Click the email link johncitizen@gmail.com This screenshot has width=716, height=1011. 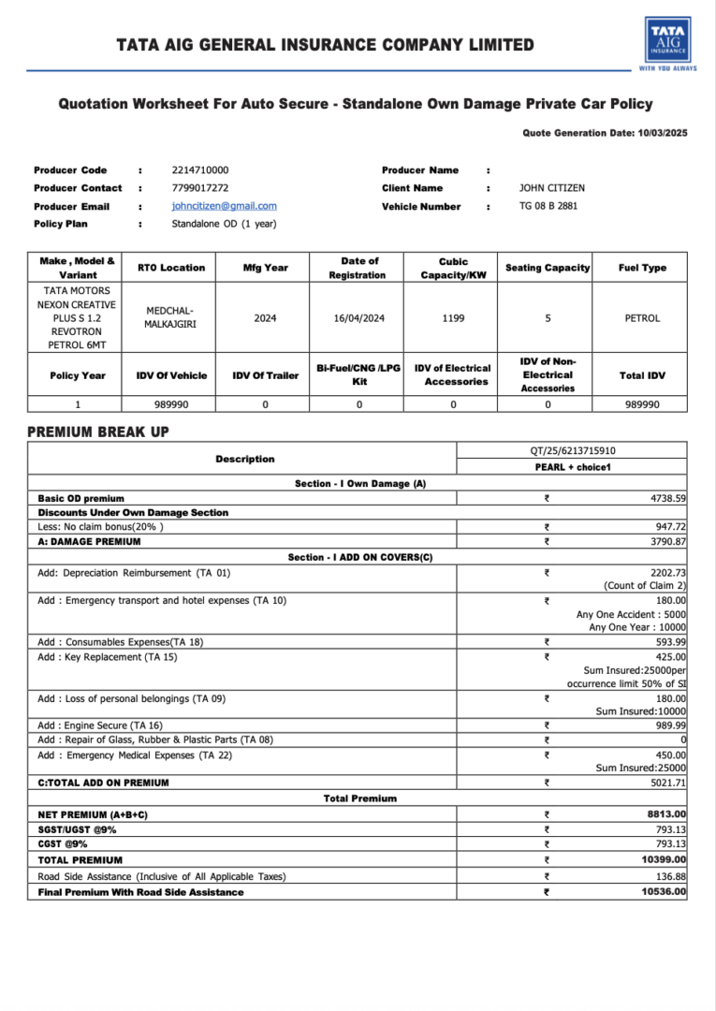tap(224, 206)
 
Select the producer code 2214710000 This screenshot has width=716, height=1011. tap(199, 170)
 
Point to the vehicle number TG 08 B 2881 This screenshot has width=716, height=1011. tap(548, 206)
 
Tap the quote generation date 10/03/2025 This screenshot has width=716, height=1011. tap(662, 133)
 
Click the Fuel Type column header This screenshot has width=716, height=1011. tap(642, 268)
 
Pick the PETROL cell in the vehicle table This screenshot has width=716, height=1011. tap(642, 318)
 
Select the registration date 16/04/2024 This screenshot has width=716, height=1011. tap(358, 318)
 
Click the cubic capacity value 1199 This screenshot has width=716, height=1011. tap(453, 318)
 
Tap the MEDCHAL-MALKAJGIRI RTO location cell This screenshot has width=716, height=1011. tap(170, 318)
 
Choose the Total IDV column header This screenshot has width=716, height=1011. tap(642, 375)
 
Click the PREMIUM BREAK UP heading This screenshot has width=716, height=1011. tap(98, 432)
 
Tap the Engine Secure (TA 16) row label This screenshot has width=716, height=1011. tap(100, 725)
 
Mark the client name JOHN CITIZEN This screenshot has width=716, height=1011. tap(551, 188)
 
